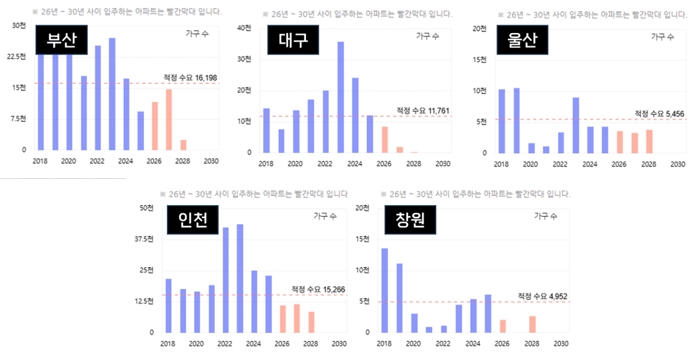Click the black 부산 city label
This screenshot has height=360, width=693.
[61, 41]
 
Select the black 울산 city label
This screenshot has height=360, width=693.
[522, 41]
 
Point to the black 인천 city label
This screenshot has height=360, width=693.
[192, 220]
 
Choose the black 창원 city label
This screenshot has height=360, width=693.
[410, 220]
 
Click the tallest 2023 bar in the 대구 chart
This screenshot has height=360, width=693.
[341, 97]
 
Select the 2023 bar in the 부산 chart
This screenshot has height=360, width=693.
[112, 94]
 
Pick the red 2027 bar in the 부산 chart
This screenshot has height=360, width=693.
[169, 120]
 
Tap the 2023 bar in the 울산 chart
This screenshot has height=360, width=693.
[576, 125]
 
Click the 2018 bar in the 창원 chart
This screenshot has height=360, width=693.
[384, 290]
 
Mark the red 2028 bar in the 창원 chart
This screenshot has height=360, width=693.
[532, 324]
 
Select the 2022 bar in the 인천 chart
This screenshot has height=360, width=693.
[226, 280]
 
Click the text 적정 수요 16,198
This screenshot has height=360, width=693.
[190, 78]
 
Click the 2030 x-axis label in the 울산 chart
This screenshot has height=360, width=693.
[678, 165]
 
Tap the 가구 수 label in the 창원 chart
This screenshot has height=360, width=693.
[546, 216]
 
